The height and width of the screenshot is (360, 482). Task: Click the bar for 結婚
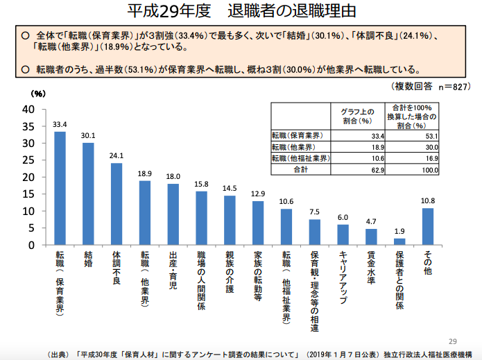coord(88,194)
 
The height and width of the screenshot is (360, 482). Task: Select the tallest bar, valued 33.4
coord(60,188)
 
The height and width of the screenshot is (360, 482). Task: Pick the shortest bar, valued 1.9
coord(399,241)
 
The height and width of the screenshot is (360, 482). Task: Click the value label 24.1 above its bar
coord(117,155)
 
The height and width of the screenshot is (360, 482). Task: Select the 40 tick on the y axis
coord(28,109)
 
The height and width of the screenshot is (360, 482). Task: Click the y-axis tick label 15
coord(28,194)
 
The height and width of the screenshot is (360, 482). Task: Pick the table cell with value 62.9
coord(375,169)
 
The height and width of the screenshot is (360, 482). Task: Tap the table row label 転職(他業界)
coord(294,147)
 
